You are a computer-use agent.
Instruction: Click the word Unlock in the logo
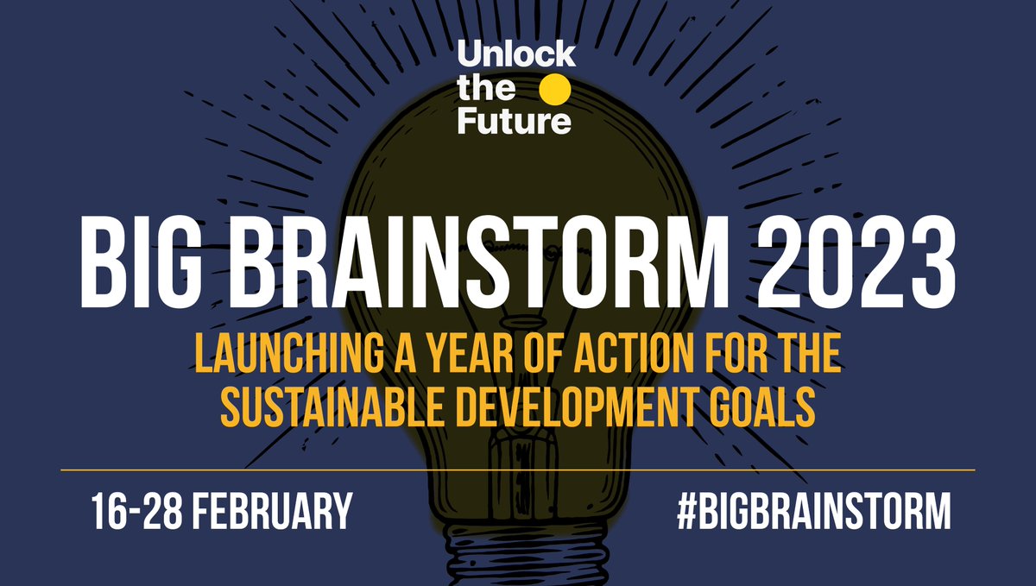pyautogui.click(x=515, y=56)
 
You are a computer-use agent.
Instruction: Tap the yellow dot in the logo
pyautogui.click(x=554, y=89)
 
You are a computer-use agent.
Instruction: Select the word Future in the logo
pyautogui.click(x=514, y=122)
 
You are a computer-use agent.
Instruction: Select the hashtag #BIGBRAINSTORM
pyautogui.click(x=812, y=511)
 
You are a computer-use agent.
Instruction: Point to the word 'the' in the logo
pyautogui.click(x=485, y=89)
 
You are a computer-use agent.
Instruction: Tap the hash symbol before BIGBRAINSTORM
pyautogui.click(x=688, y=511)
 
